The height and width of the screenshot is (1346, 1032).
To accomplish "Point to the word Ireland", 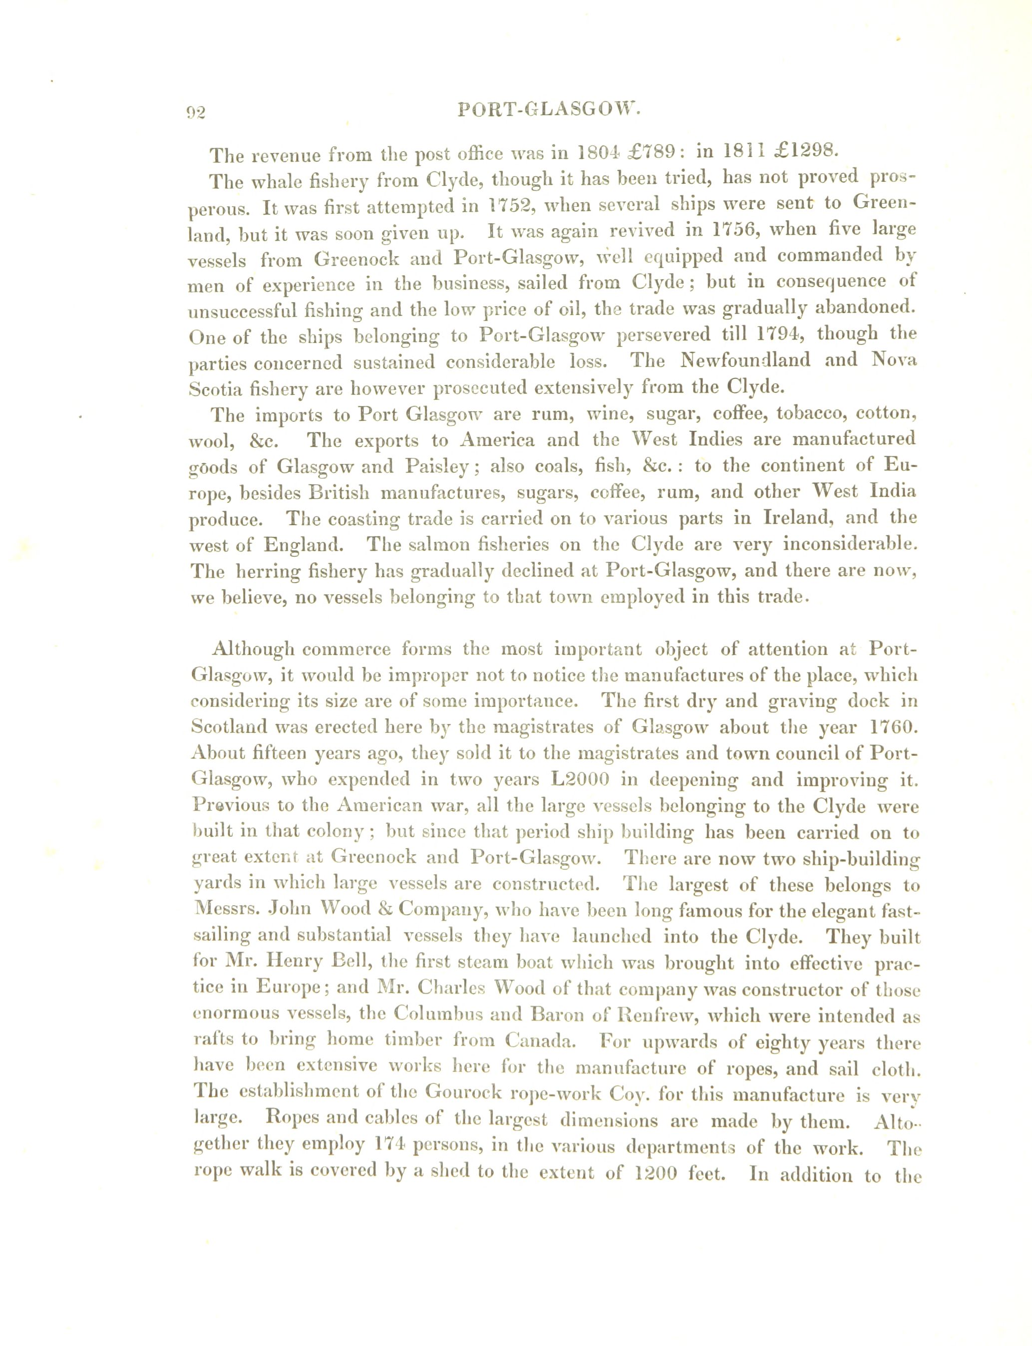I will coord(798,517).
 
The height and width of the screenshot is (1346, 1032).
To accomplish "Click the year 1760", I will coord(893,727).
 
